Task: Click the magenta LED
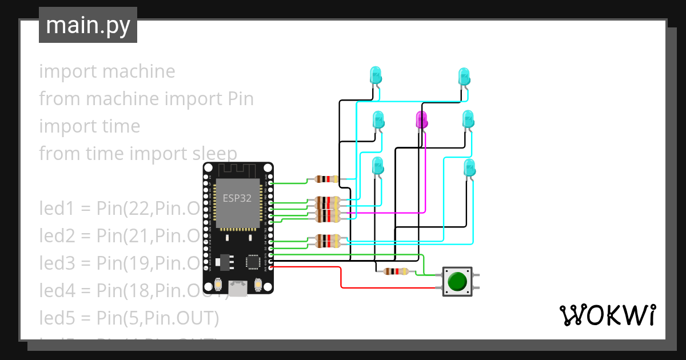tap(422, 119)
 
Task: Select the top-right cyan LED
tap(464, 76)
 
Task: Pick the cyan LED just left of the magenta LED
tap(378, 120)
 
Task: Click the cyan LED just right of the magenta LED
tap(468, 119)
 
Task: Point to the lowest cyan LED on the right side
tap(469, 168)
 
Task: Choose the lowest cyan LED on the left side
tap(377, 166)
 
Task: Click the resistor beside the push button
tap(396, 271)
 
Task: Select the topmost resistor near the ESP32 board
tap(326, 179)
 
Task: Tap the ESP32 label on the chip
tap(237, 198)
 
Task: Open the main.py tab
tap(88, 25)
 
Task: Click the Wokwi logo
tap(607, 315)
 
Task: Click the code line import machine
tap(107, 71)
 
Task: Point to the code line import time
tap(89, 126)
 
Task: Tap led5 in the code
tap(58, 317)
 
